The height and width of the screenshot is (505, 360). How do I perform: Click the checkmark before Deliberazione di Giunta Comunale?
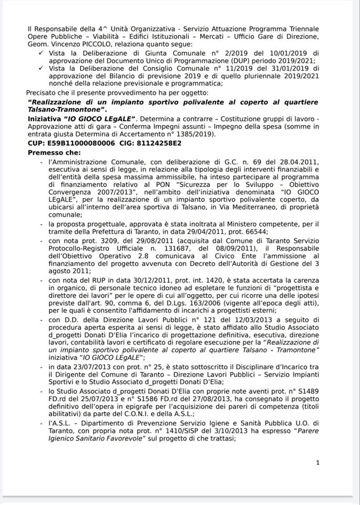point(42,53)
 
